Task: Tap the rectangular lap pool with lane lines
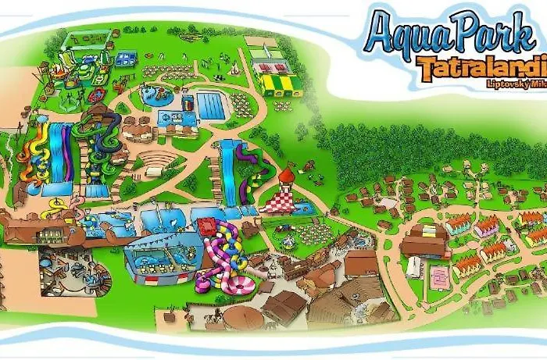click(209, 105)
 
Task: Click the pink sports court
click(441, 276)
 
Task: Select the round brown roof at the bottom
click(235, 316)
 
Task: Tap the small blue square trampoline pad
click(127, 58)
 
